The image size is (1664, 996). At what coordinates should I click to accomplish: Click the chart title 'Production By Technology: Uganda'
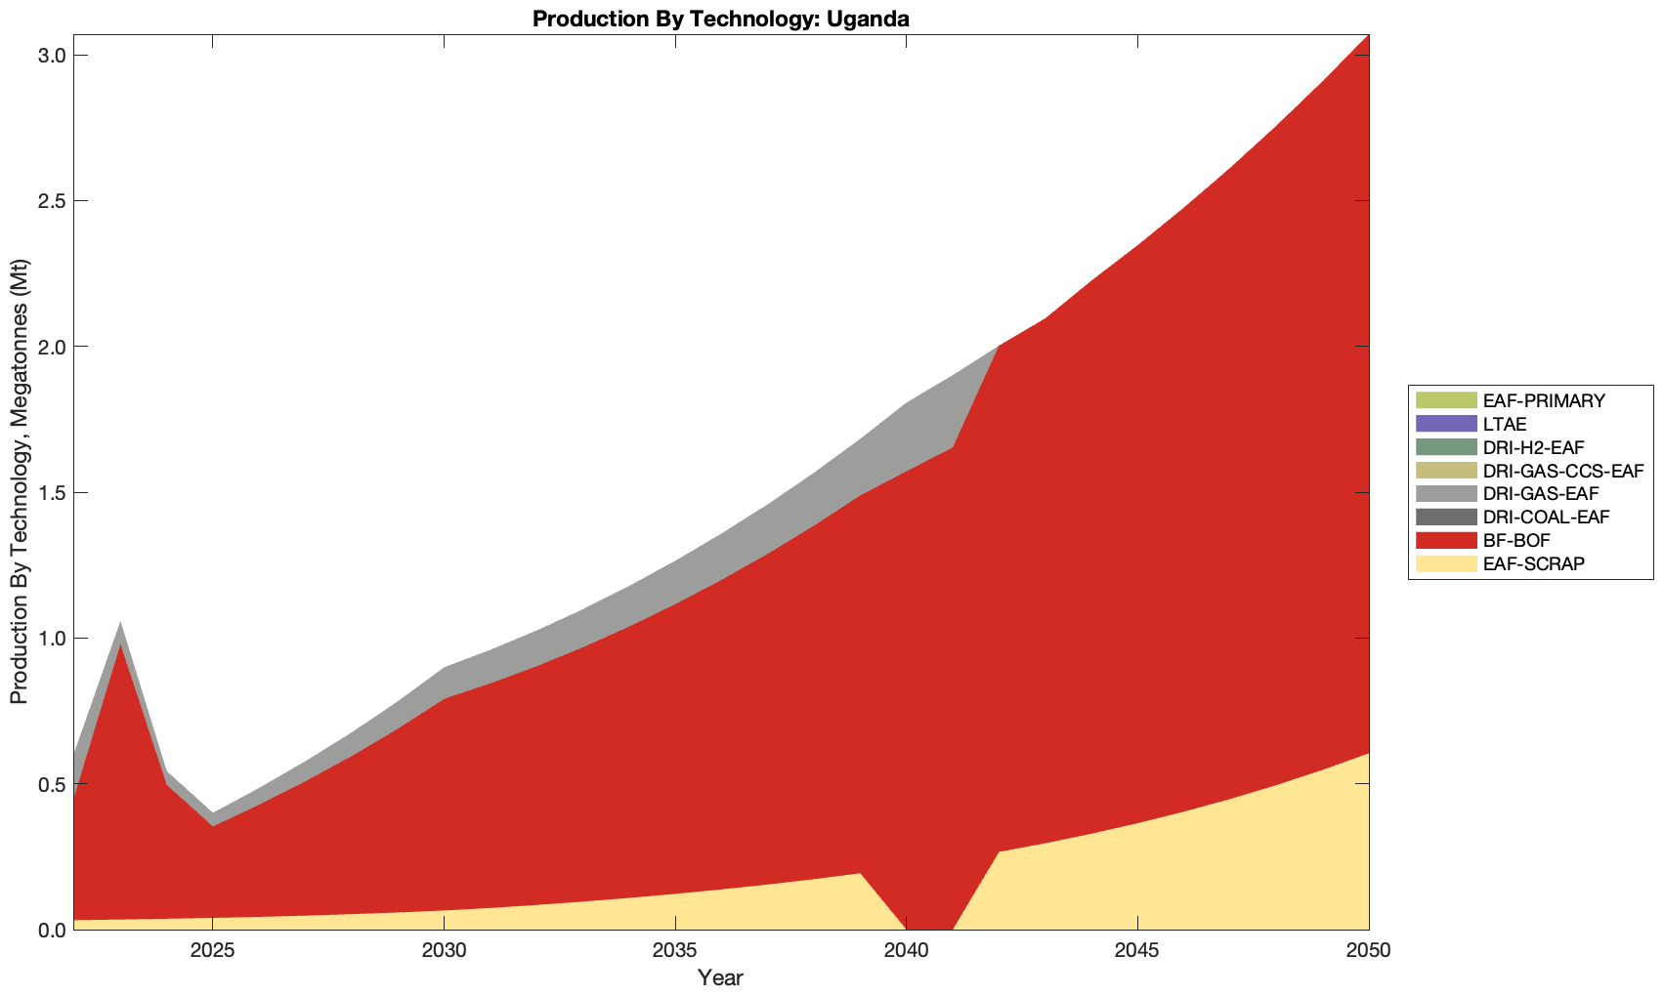pos(721,19)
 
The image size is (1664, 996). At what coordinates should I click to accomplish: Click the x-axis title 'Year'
pos(720,977)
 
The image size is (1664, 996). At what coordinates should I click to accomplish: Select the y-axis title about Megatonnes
pos(20,482)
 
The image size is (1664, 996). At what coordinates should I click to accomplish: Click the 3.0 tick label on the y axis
pos(53,56)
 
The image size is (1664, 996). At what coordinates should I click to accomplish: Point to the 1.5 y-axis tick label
pos(53,493)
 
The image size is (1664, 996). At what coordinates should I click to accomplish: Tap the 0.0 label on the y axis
pos(53,931)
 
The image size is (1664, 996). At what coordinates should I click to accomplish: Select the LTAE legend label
pos(1504,424)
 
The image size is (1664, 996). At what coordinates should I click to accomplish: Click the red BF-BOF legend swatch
pos(1444,540)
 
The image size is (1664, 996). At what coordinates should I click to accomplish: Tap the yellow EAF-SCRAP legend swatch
pos(1444,563)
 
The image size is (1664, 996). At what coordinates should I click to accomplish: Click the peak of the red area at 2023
pos(120,646)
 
